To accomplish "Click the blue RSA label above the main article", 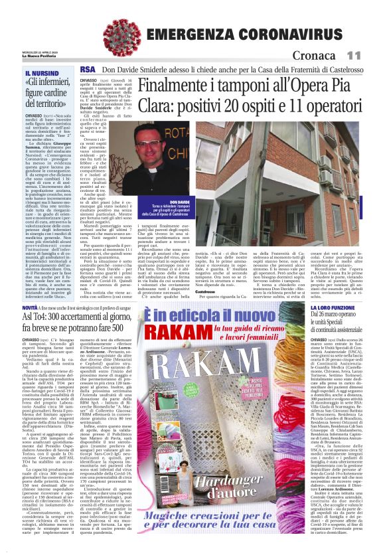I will pos(87,69).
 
